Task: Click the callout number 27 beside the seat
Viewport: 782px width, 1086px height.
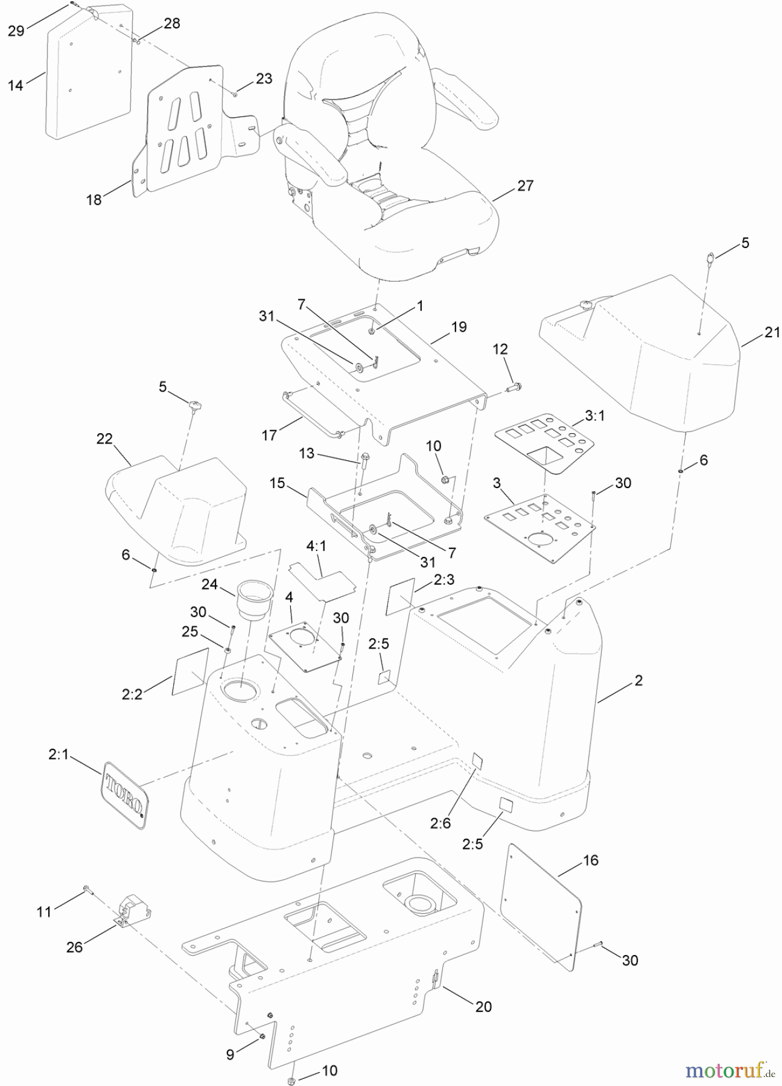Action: click(x=526, y=185)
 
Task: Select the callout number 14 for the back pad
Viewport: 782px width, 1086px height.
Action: click(x=16, y=85)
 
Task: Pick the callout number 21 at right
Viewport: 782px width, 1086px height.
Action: click(x=772, y=332)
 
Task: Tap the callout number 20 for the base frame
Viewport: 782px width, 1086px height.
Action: click(x=483, y=1006)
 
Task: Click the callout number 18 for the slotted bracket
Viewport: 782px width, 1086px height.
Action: click(x=94, y=200)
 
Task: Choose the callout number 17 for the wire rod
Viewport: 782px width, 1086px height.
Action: click(x=269, y=434)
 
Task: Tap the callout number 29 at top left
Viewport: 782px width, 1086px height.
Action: click(x=16, y=30)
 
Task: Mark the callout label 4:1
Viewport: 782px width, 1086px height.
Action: click(x=316, y=547)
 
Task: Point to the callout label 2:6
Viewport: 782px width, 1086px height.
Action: click(x=440, y=822)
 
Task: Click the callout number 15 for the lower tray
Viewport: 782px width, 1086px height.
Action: click(x=277, y=483)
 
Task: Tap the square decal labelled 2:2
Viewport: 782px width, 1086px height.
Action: click(x=191, y=671)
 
